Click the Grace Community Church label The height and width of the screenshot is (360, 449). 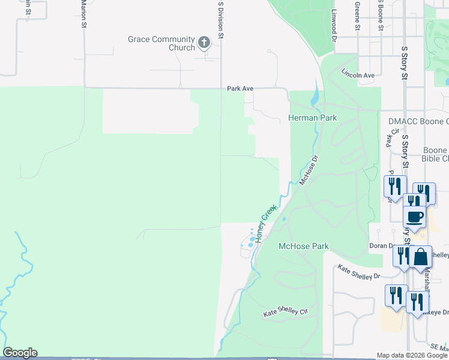(x=161, y=43)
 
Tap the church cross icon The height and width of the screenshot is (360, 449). (x=204, y=43)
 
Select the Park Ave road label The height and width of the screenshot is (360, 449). (x=240, y=88)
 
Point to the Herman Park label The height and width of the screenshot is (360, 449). (x=313, y=118)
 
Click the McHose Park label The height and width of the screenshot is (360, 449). (x=304, y=246)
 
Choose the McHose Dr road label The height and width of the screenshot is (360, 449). (x=307, y=170)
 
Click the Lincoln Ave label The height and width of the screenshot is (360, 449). (x=358, y=75)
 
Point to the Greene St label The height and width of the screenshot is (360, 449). (x=357, y=16)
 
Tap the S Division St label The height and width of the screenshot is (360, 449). (x=221, y=20)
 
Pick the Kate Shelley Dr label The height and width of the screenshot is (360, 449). (x=359, y=272)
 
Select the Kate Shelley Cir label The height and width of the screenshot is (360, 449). (x=286, y=312)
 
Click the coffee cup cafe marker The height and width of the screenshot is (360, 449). (x=415, y=215)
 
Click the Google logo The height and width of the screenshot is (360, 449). (x=20, y=353)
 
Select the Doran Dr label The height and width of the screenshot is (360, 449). (x=382, y=246)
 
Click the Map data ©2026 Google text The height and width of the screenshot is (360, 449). (x=412, y=355)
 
